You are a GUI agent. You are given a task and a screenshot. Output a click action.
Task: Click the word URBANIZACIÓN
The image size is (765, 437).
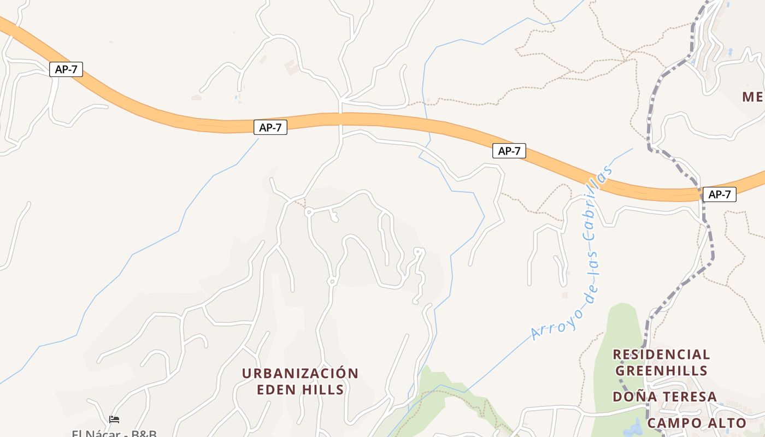click(x=300, y=374)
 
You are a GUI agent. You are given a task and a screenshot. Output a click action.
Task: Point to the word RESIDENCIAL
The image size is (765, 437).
click(x=661, y=355)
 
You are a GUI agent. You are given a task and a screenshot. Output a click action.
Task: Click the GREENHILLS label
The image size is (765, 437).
click(x=661, y=371)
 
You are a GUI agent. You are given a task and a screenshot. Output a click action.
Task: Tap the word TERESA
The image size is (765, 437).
click(x=690, y=397)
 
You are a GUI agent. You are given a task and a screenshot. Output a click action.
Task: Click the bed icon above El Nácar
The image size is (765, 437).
click(x=114, y=420)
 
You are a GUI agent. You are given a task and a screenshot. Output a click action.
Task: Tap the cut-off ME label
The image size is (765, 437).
click(x=753, y=97)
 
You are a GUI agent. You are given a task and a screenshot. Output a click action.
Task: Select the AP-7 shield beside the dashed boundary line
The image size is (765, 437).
click(x=719, y=194)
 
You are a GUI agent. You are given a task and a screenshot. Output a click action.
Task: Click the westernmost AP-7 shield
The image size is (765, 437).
click(x=66, y=69)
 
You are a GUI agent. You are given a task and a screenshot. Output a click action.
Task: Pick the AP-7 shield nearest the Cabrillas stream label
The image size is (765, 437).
click(x=509, y=151)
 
